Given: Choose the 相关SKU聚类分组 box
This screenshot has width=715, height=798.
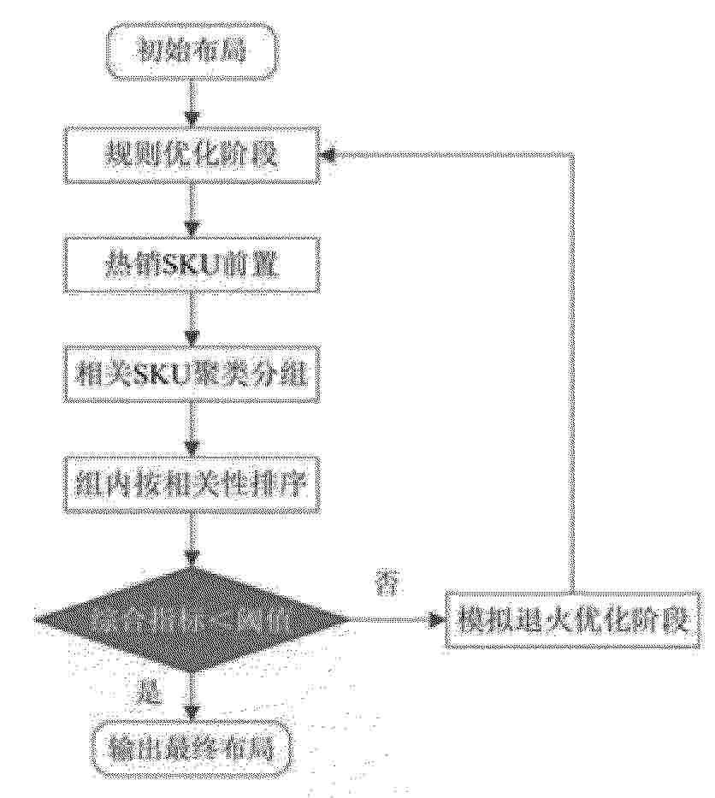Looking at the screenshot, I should (x=192, y=376).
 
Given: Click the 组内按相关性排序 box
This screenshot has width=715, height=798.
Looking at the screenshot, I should (x=192, y=485).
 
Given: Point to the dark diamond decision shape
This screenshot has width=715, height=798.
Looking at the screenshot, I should (x=192, y=618).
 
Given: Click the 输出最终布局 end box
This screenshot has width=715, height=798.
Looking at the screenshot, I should (x=192, y=750).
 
